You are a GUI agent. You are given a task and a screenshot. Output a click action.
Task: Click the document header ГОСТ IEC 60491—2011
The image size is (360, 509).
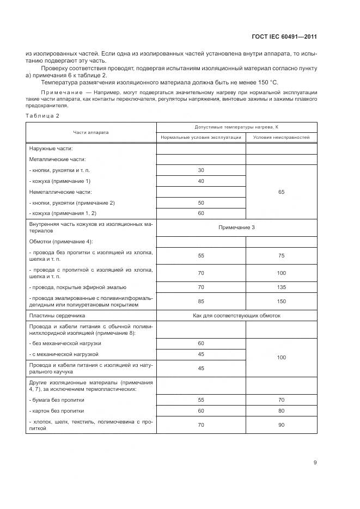click(292, 37)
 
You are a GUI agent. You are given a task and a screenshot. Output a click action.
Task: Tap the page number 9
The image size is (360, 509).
click(315, 463)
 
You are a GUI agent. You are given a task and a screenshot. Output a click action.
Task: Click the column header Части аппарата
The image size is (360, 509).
click(91, 132)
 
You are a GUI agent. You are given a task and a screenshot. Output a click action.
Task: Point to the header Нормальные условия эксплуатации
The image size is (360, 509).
click(200, 138)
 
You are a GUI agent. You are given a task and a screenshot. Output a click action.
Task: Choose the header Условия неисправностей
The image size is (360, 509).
click(281, 138)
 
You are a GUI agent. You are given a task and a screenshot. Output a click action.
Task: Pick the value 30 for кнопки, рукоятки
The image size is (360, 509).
click(200, 170)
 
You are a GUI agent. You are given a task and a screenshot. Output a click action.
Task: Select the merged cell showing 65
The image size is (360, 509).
click(281, 192)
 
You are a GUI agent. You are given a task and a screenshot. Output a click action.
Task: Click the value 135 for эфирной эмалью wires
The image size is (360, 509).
click(281, 287)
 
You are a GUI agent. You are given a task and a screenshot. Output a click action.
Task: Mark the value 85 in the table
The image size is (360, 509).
click(200, 301)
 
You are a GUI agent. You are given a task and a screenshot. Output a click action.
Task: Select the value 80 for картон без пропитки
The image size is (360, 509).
click(281, 410)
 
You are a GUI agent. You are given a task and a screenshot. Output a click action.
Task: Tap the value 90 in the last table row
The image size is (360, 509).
click(281, 425)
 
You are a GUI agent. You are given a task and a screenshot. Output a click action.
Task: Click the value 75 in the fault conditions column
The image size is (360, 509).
click(281, 255)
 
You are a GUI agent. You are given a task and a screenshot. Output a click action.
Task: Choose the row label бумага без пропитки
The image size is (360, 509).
click(57, 400)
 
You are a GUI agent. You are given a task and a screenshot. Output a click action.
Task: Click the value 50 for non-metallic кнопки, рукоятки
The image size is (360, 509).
click(200, 203)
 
